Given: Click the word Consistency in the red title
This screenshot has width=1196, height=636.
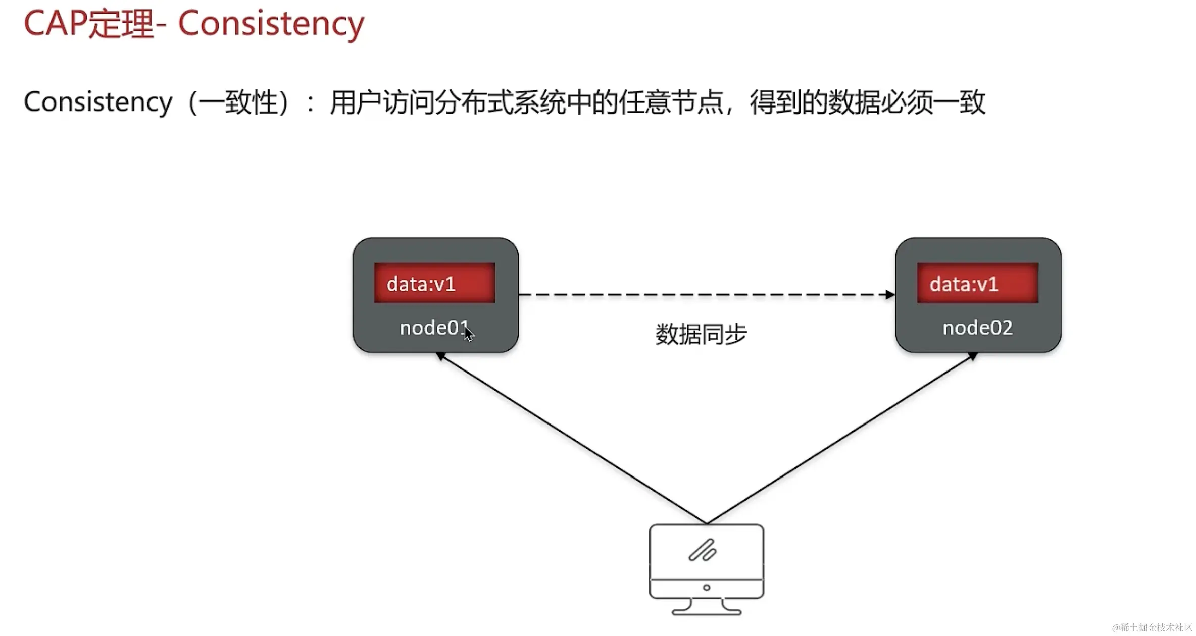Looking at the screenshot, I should tap(271, 24).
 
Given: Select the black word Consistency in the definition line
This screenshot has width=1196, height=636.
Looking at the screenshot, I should tap(98, 102).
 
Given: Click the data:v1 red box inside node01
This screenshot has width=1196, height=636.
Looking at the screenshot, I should tap(434, 283).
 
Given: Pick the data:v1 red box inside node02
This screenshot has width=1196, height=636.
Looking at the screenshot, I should tap(977, 283).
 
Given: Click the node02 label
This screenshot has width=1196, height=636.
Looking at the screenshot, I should tap(977, 328).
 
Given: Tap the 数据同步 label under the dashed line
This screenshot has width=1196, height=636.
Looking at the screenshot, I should tap(701, 334).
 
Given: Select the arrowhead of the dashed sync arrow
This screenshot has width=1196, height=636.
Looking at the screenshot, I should tap(890, 295).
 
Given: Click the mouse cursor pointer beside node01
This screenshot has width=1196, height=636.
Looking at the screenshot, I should tap(469, 334).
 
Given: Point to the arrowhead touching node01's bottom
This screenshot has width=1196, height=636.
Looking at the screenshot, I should tap(440, 356).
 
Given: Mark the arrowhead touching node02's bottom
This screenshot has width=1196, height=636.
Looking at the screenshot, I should tap(973, 356).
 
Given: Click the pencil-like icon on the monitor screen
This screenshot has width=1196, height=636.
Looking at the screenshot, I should tap(703, 550).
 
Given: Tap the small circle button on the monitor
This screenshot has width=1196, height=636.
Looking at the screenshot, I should tap(707, 588).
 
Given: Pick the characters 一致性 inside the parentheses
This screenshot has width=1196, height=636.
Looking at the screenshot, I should tap(251, 102).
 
